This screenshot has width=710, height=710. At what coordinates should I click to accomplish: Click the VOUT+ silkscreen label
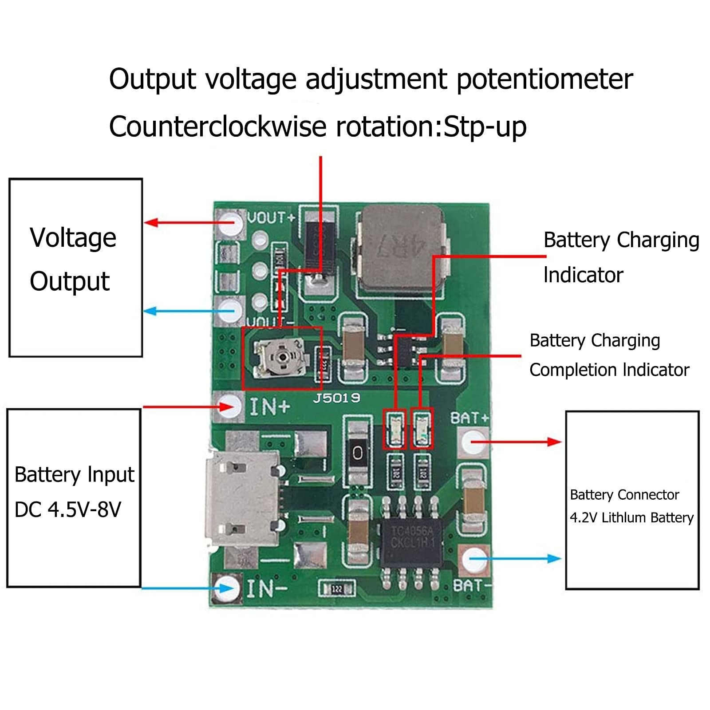coord(271,217)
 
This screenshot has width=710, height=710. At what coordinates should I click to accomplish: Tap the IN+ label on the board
coord(269,406)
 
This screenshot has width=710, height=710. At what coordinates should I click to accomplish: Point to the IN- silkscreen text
coord(266,589)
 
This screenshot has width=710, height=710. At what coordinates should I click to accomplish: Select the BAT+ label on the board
coord(469,418)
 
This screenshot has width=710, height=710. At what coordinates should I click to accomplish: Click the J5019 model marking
coord(336,398)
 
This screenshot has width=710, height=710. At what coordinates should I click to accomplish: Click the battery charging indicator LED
coord(394,429)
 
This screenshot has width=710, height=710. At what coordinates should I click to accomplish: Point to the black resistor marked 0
coord(357,453)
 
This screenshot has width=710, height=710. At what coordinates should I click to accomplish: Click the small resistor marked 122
coord(337,589)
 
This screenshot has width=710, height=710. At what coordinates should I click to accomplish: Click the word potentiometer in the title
coord(544,80)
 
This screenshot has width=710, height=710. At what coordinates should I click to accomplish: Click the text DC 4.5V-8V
coord(67,509)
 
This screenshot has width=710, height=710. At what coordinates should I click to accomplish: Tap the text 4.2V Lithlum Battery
coord(631,517)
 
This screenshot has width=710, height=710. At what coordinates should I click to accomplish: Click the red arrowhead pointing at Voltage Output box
coord(151,222)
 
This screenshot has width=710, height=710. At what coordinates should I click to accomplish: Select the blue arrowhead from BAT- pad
coord(555,559)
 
